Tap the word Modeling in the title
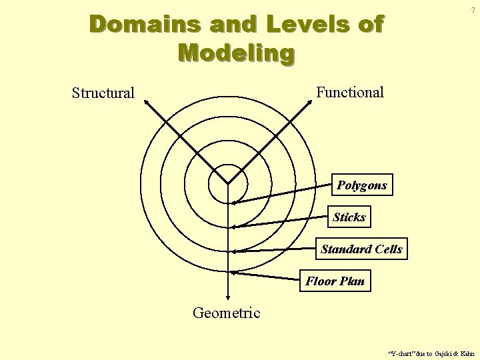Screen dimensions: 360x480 pyautogui.click(x=236, y=52)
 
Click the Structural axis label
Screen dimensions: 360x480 pyautogui.click(x=103, y=93)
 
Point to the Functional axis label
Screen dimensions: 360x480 pyautogui.click(x=350, y=93)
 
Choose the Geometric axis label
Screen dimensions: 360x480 pyautogui.click(x=226, y=313)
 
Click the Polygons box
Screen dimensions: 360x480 pyautogui.click(x=362, y=185)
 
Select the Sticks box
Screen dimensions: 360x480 pyautogui.click(x=349, y=217)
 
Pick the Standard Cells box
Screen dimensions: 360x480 pyautogui.click(x=361, y=249)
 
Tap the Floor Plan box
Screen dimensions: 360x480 pyautogui.click(x=335, y=281)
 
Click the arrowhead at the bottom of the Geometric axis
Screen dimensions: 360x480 pyautogui.click(x=228, y=301)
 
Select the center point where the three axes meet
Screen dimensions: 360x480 pyautogui.click(x=228, y=183)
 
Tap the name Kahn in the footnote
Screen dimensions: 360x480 pyautogui.click(x=467, y=353)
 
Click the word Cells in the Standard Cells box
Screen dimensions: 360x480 pyautogui.click(x=389, y=249)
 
